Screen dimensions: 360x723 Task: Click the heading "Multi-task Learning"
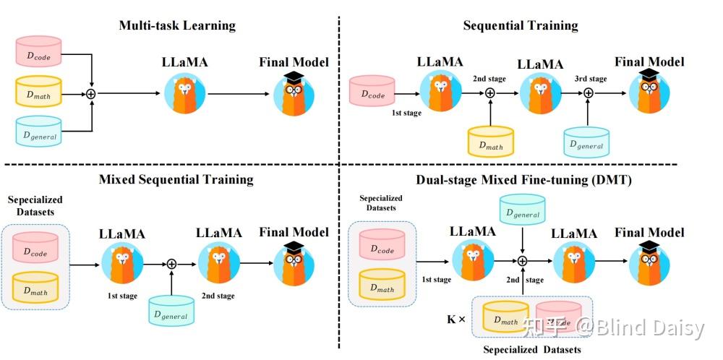click(x=177, y=26)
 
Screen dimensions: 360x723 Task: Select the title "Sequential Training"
click(x=521, y=26)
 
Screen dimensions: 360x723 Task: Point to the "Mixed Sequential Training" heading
click(x=176, y=179)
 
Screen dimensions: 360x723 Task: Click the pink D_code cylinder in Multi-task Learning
click(x=38, y=52)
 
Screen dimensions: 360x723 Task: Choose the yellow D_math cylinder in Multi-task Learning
click(x=38, y=93)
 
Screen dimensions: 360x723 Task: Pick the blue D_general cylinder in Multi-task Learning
click(x=38, y=132)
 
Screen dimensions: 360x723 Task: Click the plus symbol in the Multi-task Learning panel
click(x=92, y=93)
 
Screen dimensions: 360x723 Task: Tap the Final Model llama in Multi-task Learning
click(x=294, y=94)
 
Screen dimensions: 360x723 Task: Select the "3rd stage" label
click(x=590, y=79)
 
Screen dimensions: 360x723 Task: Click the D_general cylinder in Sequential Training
click(x=586, y=142)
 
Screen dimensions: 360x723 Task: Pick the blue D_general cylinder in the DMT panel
click(x=522, y=210)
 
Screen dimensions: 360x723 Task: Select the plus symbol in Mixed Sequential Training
click(x=172, y=264)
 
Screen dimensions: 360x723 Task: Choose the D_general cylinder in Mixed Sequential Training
click(x=171, y=312)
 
